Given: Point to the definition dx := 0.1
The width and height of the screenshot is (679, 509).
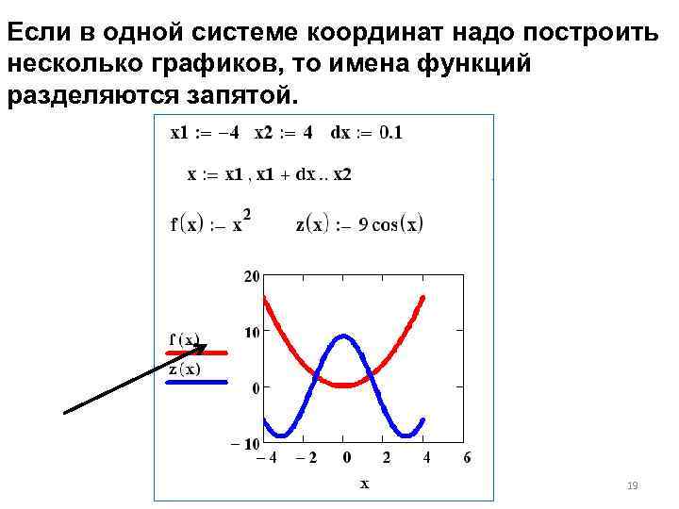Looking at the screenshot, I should point(366,133).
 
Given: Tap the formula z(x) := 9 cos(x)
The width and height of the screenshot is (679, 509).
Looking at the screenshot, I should point(359,224).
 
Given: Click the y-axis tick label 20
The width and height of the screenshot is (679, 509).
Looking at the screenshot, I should point(251,277).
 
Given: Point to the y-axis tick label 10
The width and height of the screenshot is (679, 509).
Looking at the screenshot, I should point(251,332).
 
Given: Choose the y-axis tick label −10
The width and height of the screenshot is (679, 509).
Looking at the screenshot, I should point(246,443).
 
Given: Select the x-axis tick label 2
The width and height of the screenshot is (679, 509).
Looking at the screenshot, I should point(386,459).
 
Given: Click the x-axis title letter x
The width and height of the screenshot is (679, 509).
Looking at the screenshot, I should point(364,484).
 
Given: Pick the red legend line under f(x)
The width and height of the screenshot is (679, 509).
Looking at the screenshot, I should point(197,353).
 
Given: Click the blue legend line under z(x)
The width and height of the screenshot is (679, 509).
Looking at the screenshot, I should point(197,382).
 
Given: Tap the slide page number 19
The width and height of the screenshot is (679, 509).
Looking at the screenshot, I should point(633,485).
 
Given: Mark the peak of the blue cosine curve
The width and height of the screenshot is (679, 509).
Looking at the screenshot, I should point(344,336).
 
